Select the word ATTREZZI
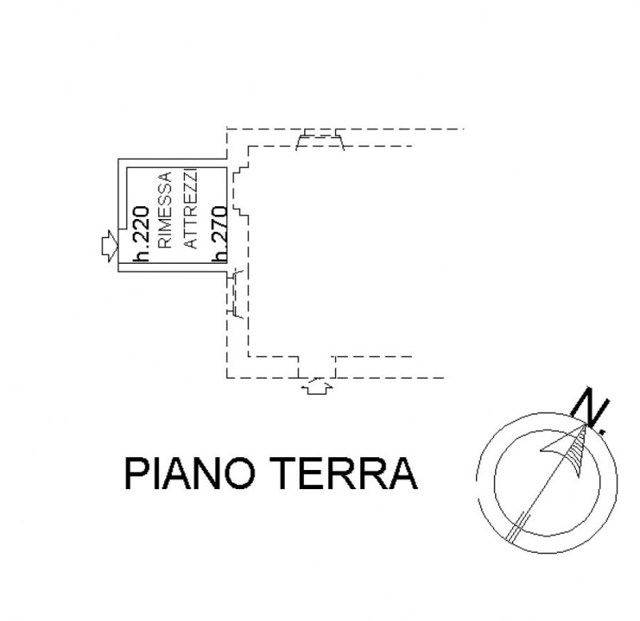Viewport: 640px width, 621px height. [190, 209]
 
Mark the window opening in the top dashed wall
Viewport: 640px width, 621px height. [320, 141]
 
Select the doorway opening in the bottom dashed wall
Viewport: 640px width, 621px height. [317, 367]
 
